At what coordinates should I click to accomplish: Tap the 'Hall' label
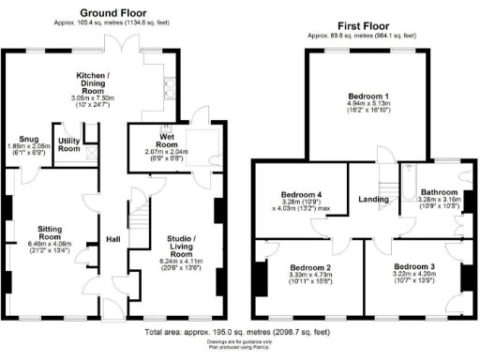111,238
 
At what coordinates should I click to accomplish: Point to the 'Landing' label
375,198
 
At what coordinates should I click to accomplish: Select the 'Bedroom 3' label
412,266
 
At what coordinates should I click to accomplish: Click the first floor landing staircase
384,172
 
